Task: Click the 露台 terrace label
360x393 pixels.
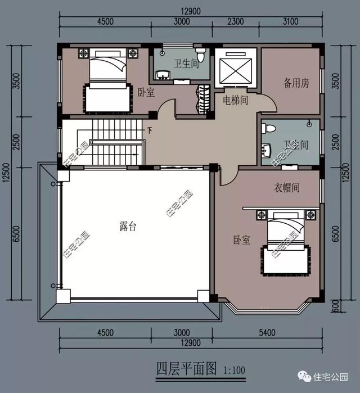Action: [x=128, y=227]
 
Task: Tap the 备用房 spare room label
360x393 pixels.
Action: [x=296, y=83]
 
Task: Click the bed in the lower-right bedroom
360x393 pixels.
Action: [x=284, y=241]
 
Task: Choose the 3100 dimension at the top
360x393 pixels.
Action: [x=290, y=22]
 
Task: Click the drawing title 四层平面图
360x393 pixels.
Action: [x=186, y=369]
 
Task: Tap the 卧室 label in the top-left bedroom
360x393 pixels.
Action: [x=146, y=92]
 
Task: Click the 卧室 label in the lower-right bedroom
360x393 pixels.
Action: [x=242, y=240]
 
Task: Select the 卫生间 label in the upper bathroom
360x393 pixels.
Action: [x=186, y=64]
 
